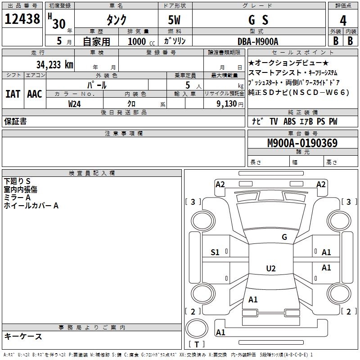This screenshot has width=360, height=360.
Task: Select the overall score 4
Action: point(343,20)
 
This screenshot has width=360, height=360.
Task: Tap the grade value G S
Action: point(258,20)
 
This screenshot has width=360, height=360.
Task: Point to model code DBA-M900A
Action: point(258,41)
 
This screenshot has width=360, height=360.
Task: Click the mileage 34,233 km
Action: point(55,64)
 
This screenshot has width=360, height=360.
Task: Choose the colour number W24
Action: point(75,103)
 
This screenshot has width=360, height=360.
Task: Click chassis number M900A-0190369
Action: point(302,143)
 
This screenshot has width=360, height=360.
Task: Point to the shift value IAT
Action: point(13,94)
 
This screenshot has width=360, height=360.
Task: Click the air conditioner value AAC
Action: point(35,94)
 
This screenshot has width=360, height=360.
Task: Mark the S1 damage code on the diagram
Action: point(215,252)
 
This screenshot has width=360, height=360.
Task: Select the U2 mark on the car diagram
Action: point(270,269)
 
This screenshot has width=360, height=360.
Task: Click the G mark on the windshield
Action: point(284,237)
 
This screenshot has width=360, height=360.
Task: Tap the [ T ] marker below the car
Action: point(196,345)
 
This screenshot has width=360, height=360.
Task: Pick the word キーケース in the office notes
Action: point(23,337)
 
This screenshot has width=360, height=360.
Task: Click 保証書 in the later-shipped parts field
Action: point(15,121)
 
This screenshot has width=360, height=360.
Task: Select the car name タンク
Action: point(116,20)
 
